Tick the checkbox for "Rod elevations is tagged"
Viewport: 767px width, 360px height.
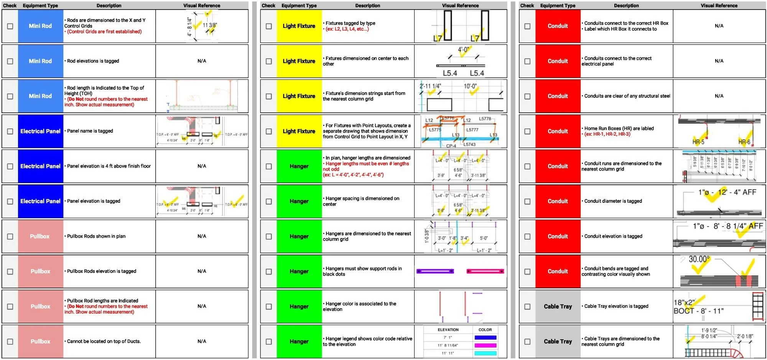pos(10,61)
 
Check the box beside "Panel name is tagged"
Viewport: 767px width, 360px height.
pos(10,132)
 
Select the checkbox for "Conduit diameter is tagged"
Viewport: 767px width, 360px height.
pos(527,202)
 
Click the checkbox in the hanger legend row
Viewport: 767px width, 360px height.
pos(269,342)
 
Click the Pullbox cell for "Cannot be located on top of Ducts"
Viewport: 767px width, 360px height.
pos(40,342)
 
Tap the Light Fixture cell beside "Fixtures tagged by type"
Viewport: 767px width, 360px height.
pos(299,26)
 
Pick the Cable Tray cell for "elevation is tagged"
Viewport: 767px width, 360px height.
pos(558,307)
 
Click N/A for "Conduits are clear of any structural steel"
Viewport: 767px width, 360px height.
pos(719,96)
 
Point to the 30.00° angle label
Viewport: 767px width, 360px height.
pos(699,259)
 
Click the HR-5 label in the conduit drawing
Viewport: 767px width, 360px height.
pos(698,142)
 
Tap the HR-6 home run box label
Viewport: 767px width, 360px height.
pos(744,142)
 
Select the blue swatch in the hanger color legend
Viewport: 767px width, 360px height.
pos(485,338)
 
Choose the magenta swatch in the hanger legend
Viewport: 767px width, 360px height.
pos(485,345)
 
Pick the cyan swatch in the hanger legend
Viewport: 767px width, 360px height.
pos(485,353)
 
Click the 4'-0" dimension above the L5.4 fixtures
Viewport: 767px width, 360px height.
pos(463,50)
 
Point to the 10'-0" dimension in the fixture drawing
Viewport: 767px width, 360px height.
pos(470,86)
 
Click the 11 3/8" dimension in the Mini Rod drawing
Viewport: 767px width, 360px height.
pos(210,25)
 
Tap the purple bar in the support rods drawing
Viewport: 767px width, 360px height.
pos(435,271)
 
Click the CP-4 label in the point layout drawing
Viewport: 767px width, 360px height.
pos(451,146)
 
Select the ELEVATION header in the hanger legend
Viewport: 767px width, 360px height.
pos(448,330)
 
